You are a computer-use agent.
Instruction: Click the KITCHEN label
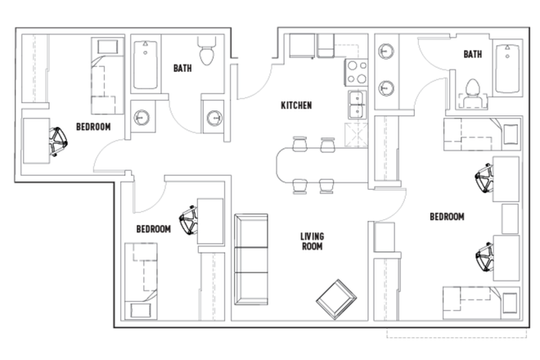point(295,106)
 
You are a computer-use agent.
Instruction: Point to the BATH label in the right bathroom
point(472,55)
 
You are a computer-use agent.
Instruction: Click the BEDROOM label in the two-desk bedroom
point(447,217)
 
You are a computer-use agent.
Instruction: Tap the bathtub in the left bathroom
point(147,65)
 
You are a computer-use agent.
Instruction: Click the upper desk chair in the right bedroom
point(484,178)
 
